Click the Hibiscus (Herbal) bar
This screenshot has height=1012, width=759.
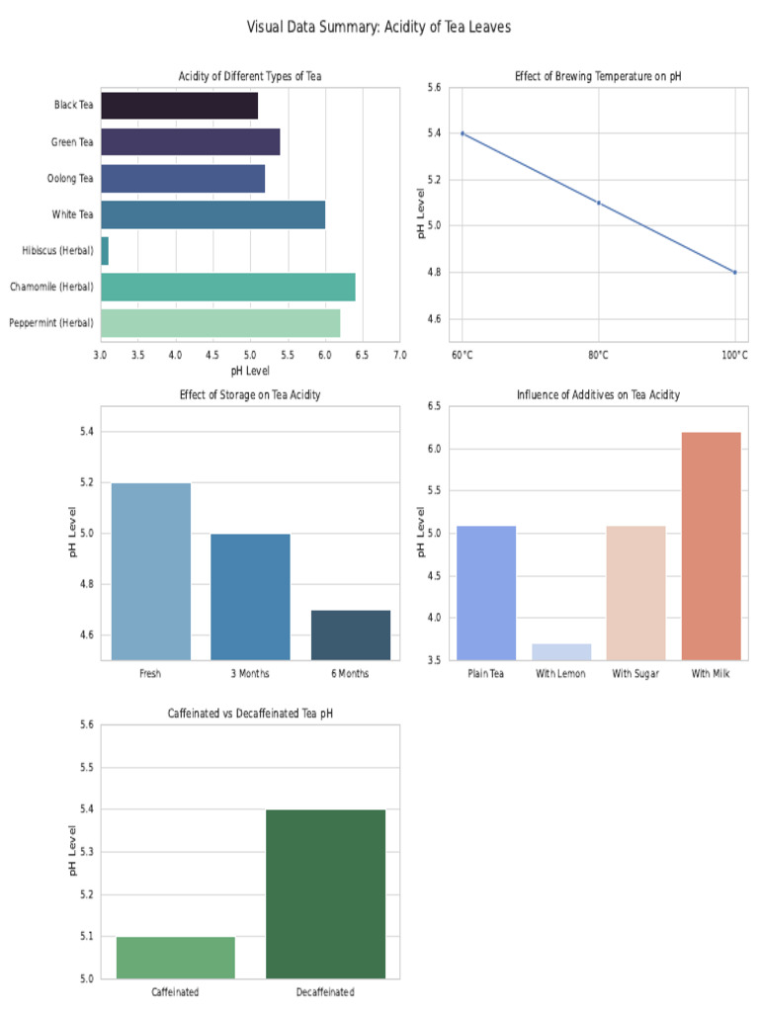point(105,250)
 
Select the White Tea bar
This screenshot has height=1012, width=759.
point(213,214)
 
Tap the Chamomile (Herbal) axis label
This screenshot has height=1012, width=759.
point(51,287)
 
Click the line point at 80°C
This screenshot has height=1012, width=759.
point(598,203)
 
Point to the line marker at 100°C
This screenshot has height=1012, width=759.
point(734,273)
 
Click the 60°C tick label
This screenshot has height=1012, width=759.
point(463,355)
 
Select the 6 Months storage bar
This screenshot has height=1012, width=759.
point(351,635)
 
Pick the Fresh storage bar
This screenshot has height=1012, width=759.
point(151,572)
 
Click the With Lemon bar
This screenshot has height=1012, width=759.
point(561,652)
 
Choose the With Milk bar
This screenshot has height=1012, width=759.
point(711,546)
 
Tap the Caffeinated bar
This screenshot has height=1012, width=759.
point(176,958)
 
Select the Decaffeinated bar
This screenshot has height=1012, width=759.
point(325,894)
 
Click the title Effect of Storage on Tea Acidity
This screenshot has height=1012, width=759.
point(250,394)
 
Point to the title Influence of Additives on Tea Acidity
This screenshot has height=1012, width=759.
point(598,394)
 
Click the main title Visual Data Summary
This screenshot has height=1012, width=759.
point(379,27)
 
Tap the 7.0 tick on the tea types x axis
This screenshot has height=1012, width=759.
point(400,355)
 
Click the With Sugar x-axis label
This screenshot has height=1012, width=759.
point(635,674)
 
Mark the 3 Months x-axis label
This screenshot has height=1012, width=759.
point(250,674)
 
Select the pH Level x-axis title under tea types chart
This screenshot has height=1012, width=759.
point(250,372)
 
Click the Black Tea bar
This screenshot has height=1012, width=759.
point(180,105)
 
